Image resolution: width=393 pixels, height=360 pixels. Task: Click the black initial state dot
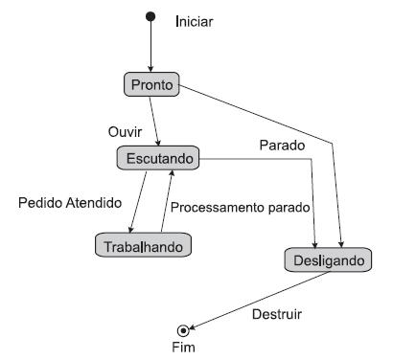click(x=150, y=16)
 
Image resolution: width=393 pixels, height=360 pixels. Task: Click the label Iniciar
click(x=196, y=20)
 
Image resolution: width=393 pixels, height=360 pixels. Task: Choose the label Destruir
click(x=274, y=313)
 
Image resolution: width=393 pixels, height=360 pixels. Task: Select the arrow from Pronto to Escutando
click(x=154, y=120)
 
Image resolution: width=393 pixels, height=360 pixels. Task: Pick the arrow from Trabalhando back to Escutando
click(x=166, y=201)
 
